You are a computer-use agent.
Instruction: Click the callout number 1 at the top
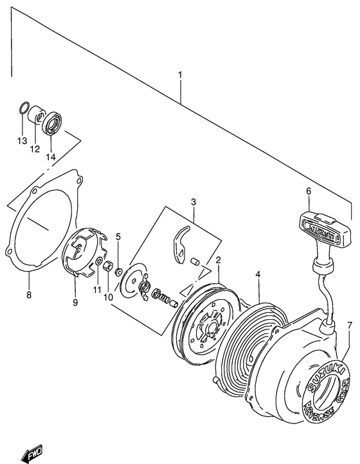(x=180, y=75)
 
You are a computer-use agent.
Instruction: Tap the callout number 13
(x=21, y=141)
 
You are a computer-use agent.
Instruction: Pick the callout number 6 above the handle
(x=308, y=191)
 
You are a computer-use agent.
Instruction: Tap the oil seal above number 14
(x=53, y=124)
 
